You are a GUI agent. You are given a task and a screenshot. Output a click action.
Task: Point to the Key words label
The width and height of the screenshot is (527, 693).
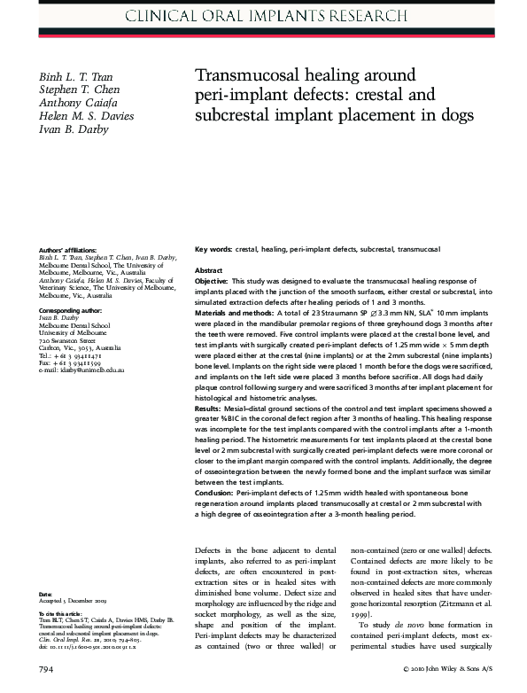[213, 250]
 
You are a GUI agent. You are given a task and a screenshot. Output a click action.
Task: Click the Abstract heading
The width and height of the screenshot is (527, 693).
[208, 269]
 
